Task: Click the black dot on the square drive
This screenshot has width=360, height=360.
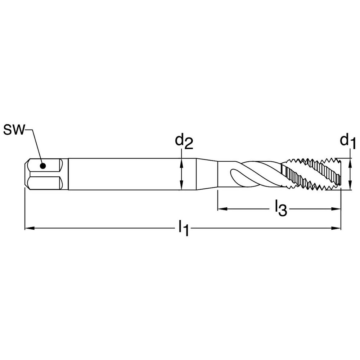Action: pos(43,166)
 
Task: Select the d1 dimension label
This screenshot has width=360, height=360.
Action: pos(348,141)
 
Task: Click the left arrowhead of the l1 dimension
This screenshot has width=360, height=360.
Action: pos(27,228)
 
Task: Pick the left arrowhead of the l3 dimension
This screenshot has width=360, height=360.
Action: pos(220,208)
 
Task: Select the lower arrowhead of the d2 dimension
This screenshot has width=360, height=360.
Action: pos(182,187)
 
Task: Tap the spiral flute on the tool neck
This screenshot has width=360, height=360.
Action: pos(252,173)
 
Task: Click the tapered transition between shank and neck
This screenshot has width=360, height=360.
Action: pos(207,174)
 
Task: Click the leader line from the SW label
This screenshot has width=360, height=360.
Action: pos(36,144)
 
